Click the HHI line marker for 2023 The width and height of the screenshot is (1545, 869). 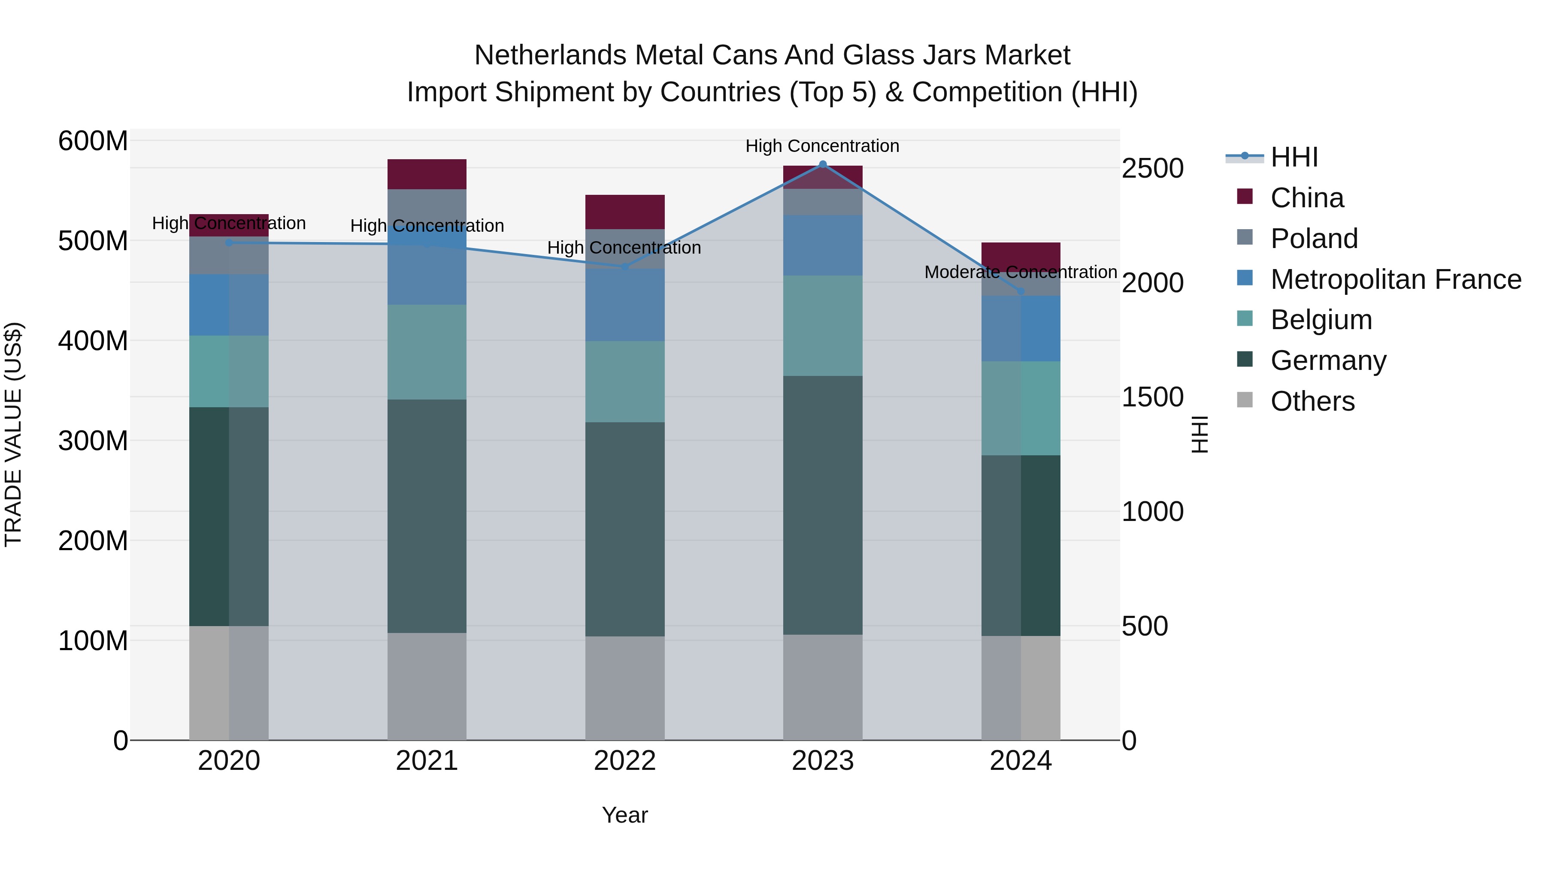pyautogui.click(x=823, y=164)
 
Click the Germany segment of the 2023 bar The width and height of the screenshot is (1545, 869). pyautogui.click(x=823, y=505)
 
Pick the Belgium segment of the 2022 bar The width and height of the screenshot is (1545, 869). pyautogui.click(x=624, y=382)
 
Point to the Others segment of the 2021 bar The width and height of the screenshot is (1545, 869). pyautogui.click(x=427, y=686)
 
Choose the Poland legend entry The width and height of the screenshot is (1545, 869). pyautogui.click(x=1314, y=239)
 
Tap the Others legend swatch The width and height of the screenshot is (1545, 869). pyautogui.click(x=1245, y=400)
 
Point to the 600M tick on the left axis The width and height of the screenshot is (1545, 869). pyautogui.click(x=93, y=142)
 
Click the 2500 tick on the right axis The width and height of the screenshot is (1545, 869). pyautogui.click(x=1152, y=169)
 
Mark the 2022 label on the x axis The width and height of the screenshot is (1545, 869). pyautogui.click(x=624, y=761)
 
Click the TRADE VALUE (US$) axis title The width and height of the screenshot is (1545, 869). pyautogui.click(x=14, y=434)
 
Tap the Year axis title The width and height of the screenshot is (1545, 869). pyautogui.click(x=624, y=815)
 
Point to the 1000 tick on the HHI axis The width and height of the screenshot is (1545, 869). pyautogui.click(x=1152, y=512)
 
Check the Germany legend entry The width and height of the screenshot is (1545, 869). pyautogui.click(x=1328, y=360)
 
